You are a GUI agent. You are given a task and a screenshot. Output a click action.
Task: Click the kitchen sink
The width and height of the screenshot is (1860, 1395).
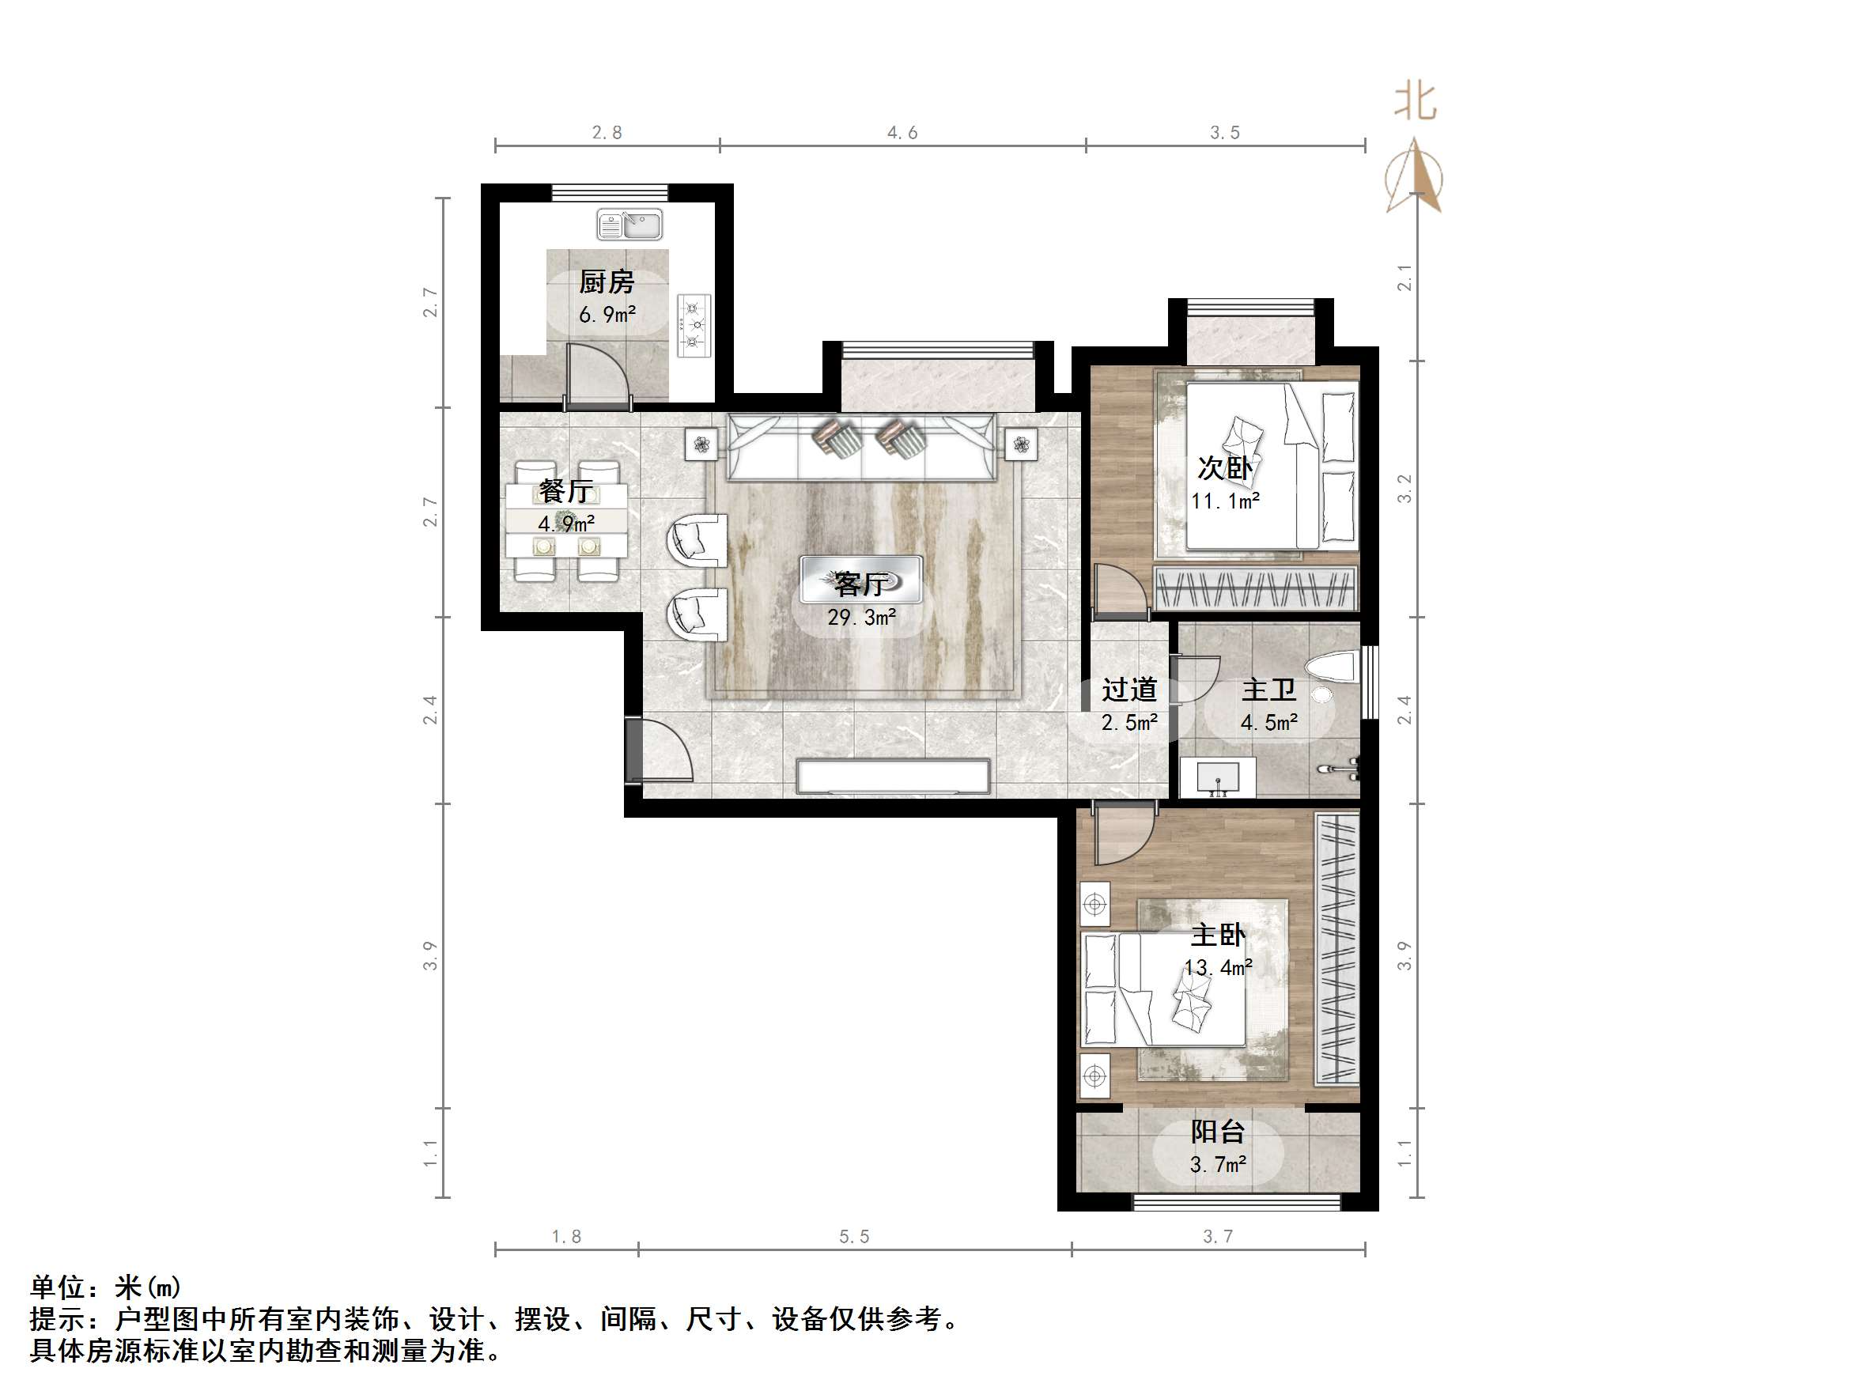[x=629, y=225]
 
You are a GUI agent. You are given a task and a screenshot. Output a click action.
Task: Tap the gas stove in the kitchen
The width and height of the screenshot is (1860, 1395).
[x=694, y=325]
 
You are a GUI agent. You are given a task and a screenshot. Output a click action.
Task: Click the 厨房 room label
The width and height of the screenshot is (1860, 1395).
[x=607, y=282]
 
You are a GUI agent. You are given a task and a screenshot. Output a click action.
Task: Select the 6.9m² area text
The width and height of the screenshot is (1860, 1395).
[x=607, y=316]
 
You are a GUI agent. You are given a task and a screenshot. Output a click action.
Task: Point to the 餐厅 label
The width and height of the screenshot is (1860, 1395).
[x=566, y=490]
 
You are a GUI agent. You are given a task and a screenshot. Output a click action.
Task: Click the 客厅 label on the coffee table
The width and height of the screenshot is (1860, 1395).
[x=861, y=583]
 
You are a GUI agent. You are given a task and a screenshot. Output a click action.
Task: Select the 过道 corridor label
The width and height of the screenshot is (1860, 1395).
[x=1129, y=690]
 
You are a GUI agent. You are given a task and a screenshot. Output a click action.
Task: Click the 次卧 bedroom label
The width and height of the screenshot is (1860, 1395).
[x=1225, y=468]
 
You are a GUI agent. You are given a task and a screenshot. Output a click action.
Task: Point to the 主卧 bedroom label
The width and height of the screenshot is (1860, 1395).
[x=1218, y=935]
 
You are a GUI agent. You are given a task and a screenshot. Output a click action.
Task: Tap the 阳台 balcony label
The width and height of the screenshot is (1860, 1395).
[x=1218, y=1132]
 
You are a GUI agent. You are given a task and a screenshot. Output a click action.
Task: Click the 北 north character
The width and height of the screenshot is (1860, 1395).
[x=1416, y=102]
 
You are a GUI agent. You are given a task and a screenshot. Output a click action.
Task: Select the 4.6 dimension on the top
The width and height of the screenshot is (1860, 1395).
[x=902, y=133]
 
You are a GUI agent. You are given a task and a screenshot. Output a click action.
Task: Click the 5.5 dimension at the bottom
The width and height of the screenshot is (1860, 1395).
[x=854, y=1237]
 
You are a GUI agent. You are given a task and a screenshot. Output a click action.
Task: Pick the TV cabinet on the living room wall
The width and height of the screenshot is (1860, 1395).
[x=893, y=776]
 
